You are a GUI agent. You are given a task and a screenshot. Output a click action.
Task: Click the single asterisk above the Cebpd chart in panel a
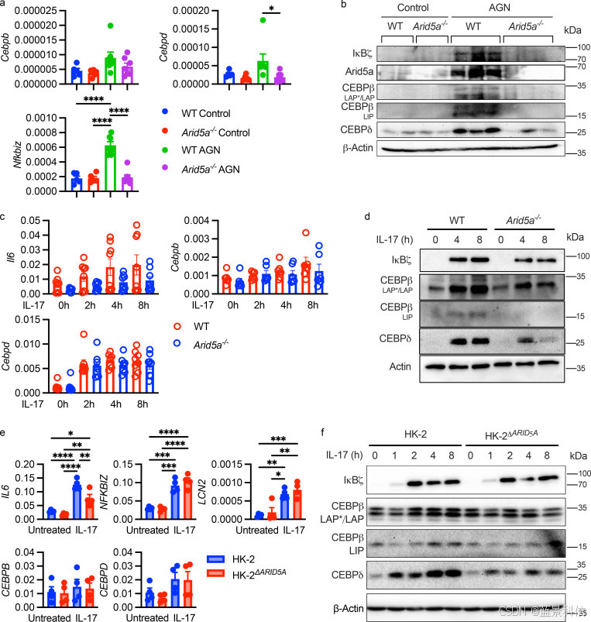(x=271, y=9)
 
